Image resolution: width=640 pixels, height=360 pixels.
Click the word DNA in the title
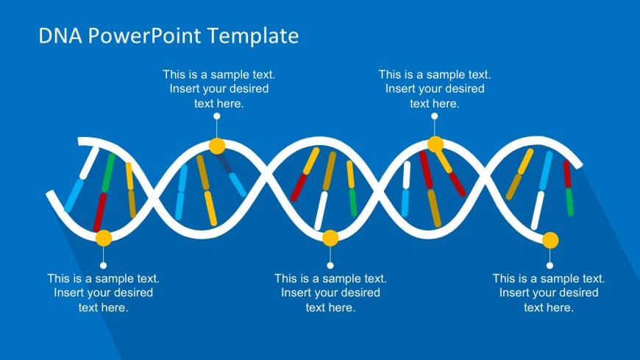[60, 35]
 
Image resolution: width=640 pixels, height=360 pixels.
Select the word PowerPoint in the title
[144, 35]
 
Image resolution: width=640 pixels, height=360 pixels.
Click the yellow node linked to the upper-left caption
[217, 146]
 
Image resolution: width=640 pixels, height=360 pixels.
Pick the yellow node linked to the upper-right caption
[435, 144]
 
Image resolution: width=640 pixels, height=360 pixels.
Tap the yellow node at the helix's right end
[550, 240]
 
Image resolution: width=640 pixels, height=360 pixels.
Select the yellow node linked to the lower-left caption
[104, 239]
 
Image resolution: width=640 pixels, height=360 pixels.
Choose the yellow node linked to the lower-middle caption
[330, 239]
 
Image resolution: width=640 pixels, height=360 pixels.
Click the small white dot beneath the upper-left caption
[217, 116]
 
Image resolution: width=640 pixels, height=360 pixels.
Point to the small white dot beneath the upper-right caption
[435, 116]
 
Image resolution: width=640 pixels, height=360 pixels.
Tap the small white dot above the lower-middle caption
[330, 266]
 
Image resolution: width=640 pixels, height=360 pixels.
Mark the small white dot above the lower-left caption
[103, 266]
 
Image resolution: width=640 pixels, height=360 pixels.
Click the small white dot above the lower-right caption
[550, 266]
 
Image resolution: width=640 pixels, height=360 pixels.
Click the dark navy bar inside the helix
[224, 163]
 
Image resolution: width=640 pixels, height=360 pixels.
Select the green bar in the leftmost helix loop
[109, 172]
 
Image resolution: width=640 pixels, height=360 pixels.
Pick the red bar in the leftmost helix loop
[100, 212]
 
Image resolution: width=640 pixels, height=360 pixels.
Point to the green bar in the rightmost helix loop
[569, 202]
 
